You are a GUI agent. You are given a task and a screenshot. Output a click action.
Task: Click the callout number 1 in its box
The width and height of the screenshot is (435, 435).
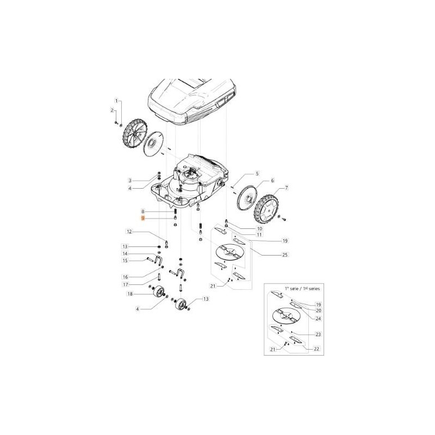click(115, 101)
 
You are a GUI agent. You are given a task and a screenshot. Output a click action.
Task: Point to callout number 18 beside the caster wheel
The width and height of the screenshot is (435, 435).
click(129, 294)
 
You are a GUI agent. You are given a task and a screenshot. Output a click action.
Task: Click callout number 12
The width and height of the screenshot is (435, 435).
click(129, 232)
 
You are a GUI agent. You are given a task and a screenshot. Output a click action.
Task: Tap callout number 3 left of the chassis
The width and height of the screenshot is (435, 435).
click(130, 180)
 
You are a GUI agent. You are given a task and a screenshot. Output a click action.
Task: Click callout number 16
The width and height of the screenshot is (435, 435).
click(125, 276)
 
